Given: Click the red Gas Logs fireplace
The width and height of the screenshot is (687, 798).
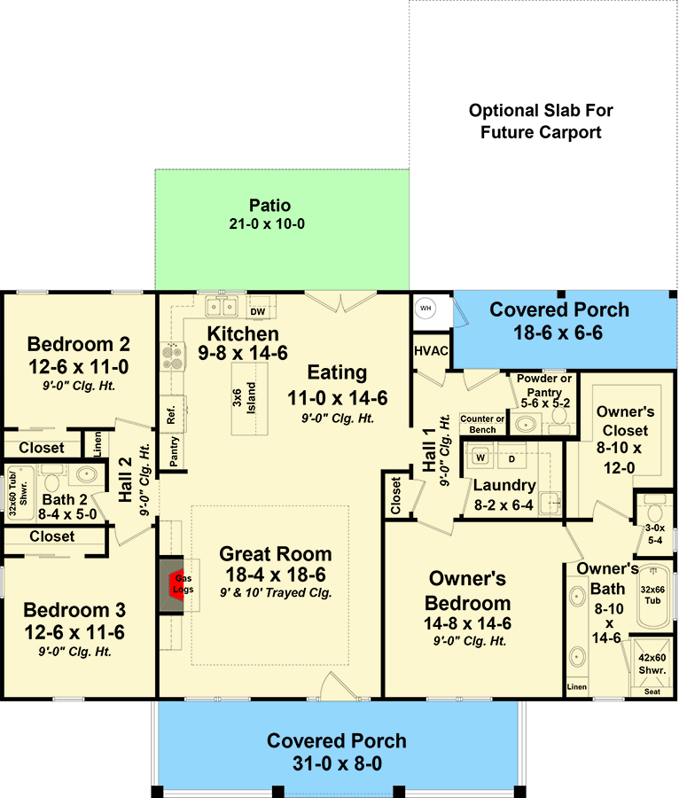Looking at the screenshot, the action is pos(176,586).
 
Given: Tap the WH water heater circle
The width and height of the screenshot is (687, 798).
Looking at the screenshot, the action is pos(425,309).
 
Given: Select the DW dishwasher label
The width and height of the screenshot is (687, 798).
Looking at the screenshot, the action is pos(258,311).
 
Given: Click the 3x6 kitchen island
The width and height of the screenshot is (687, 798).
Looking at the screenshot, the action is pos(250,398).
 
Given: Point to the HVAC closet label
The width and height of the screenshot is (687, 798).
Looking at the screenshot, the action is pos(431,351).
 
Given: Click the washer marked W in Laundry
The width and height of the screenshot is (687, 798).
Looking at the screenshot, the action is pos(480,457).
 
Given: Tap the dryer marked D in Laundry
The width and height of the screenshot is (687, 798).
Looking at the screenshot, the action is pos(512,458).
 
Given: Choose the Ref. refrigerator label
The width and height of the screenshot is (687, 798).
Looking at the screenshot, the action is pos(171,415).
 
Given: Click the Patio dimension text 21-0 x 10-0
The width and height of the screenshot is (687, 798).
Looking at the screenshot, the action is pos(267,224).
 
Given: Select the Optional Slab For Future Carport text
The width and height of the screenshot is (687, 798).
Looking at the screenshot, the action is pos(541,121).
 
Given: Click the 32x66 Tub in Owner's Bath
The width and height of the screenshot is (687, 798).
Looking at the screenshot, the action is pos(652,596).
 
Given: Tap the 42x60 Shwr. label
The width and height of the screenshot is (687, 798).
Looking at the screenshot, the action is pos(652,663).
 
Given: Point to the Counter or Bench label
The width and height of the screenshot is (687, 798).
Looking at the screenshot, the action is pos(482,424).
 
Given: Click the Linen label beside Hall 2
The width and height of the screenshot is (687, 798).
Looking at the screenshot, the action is pos(98,444).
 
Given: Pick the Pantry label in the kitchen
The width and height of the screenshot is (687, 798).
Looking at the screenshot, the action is pos(174,451).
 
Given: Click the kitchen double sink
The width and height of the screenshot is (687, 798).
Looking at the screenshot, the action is pos(222,307).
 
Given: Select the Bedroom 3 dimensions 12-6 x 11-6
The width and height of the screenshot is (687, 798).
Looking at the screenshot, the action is pos(74,632).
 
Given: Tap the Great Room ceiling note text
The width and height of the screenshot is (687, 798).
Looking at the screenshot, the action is pos(276,593).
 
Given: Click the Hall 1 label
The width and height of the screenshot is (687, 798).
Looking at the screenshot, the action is pos(429,450).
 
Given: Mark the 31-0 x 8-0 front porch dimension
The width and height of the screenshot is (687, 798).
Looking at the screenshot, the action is pos(337,763).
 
